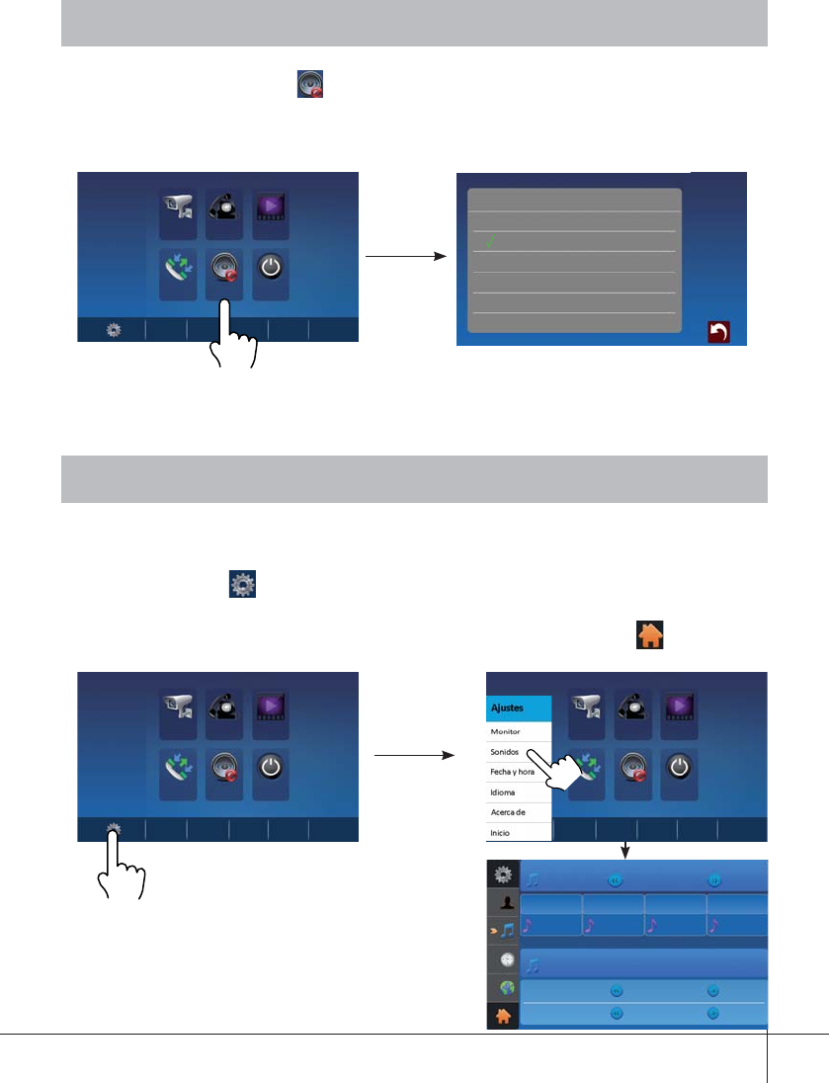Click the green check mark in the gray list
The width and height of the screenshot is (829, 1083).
pyautogui.click(x=489, y=242)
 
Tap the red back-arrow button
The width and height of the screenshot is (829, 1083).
pyautogui.click(x=719, y=332)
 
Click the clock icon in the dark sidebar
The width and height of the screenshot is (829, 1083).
pyautogui.click(x=504, y=959)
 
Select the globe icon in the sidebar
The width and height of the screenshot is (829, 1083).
pyautogui.click(x=504, y=987)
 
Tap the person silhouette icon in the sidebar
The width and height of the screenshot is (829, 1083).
pyautogui.click(x=504, y=902)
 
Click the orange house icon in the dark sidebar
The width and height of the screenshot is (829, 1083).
pyautogui.click(x=504, y=1016)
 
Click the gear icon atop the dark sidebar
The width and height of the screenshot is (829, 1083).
pyautogui.click(x=504, y=874)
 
